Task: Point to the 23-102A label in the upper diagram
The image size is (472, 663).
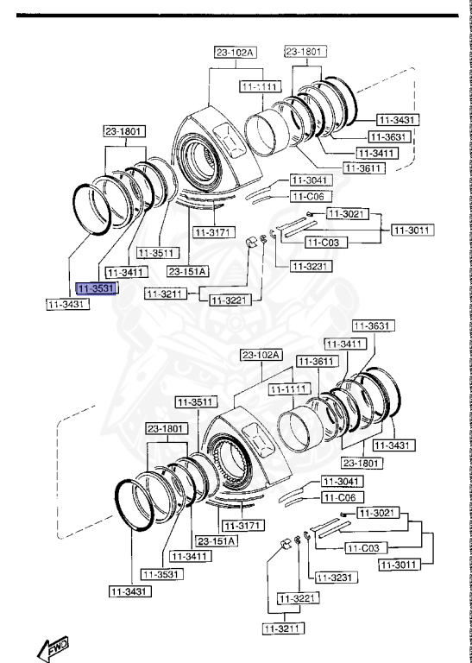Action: click(236, 53)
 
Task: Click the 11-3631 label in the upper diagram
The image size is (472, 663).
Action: click(388, 137)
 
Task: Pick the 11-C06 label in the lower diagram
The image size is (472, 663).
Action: click(339, 498)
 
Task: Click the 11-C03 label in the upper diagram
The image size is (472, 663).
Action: click(329, 243)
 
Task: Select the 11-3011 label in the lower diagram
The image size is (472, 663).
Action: click(398, 565)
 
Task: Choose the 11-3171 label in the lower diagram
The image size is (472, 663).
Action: click(241, 525)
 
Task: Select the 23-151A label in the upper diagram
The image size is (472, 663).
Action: click(188, 272)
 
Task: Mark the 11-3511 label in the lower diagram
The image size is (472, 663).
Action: click(195, 401)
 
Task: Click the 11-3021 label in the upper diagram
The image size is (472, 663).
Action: click(346, 213)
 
